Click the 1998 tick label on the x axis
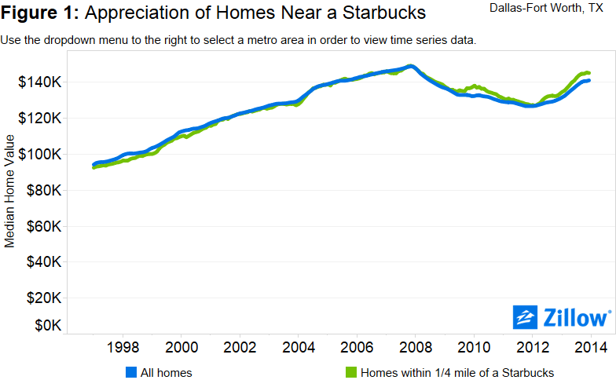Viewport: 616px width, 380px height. (123, 347)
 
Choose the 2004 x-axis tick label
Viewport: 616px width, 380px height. (299, 347)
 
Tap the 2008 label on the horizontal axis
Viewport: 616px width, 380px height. (416, 347)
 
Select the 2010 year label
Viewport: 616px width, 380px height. (474, 347)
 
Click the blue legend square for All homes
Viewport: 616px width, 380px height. (131, 372)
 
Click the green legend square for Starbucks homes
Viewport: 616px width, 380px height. (351, 372)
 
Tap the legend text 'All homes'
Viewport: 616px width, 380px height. (166, 372)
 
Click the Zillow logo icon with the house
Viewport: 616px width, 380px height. (525, 317)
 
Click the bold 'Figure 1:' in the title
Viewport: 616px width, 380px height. (41, 13)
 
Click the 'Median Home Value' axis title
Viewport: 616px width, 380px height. (10, 190)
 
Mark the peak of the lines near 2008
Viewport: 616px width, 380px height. (409, 66)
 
